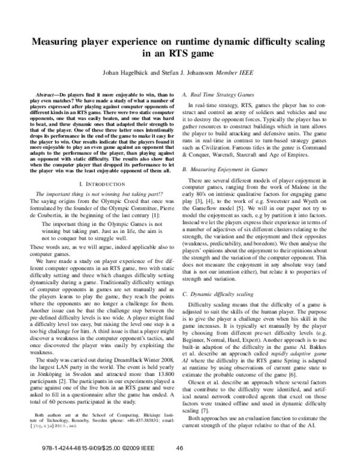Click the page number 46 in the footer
(179, 447)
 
